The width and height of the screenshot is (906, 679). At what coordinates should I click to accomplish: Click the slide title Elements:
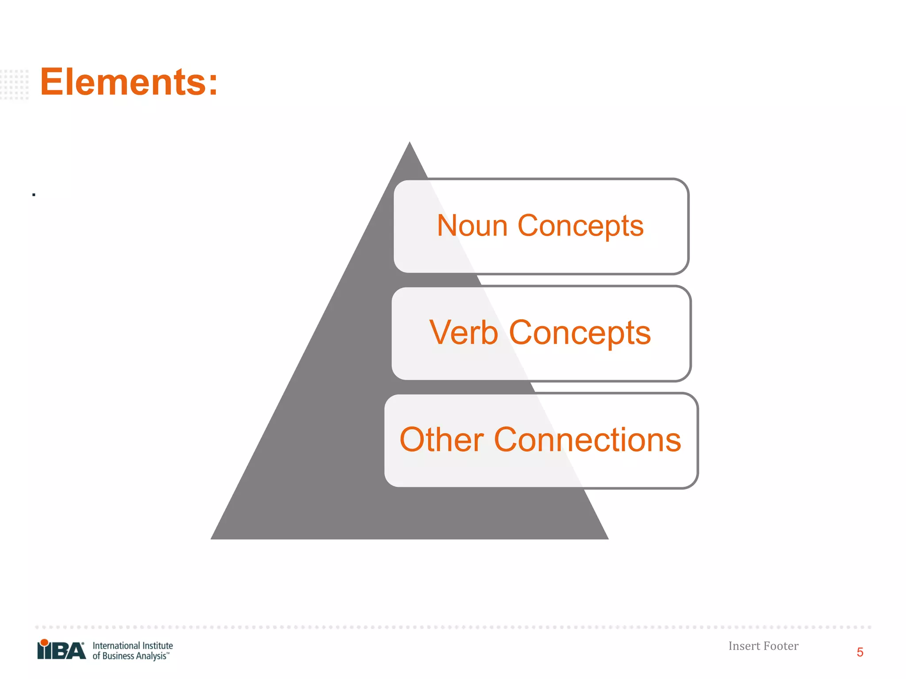[129, 82]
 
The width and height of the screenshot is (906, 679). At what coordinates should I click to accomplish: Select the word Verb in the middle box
[463, 332]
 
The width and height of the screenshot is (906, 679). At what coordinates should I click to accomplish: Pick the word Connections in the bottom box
[587, 440]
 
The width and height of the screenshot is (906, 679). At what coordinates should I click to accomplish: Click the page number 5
[860, 652]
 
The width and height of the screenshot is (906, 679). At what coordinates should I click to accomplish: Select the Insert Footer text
[763, 646]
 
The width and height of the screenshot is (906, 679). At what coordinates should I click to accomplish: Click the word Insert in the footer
[744, 646]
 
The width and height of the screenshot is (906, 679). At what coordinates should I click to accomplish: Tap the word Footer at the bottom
[781, 646]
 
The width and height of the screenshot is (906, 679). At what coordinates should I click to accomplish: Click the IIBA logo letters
[61, 651]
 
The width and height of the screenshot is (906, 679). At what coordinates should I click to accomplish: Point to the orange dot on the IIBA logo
[44, 642]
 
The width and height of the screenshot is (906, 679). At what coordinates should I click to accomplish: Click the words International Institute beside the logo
[133, 645]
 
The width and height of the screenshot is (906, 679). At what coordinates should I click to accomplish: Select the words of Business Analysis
[130, 656]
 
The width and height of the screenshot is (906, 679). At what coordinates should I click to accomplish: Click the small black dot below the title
[34, 195]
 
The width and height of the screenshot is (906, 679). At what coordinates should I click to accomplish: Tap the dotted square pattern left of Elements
[15, 84]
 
